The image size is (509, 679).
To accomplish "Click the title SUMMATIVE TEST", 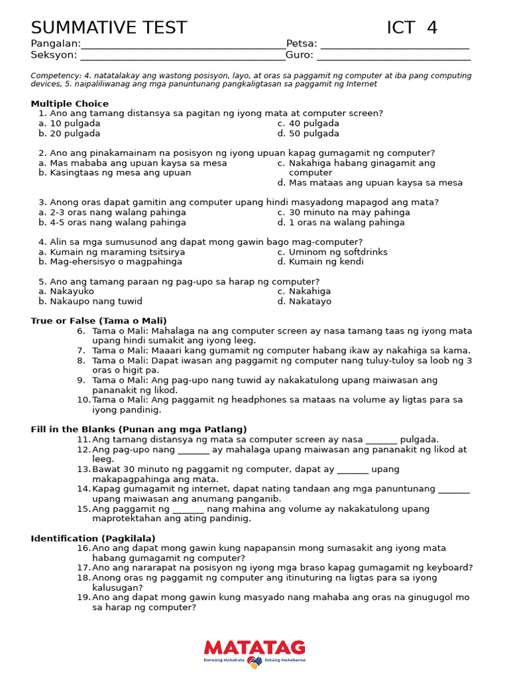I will (x=109, y=28).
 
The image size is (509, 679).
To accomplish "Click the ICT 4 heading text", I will (x=412, y=28).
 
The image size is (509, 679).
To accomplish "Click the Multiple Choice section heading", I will (x=70, y=103).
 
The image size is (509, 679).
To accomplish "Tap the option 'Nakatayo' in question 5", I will (x=310, y=301).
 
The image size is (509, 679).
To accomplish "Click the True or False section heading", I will (x=99, y=320).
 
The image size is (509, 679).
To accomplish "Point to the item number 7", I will (x=81, y=350).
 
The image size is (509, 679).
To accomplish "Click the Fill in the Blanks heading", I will (x=139, y=429).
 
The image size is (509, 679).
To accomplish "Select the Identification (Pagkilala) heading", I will (x=93, y=538).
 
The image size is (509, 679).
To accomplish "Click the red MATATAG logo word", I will (x=254, y=647).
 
